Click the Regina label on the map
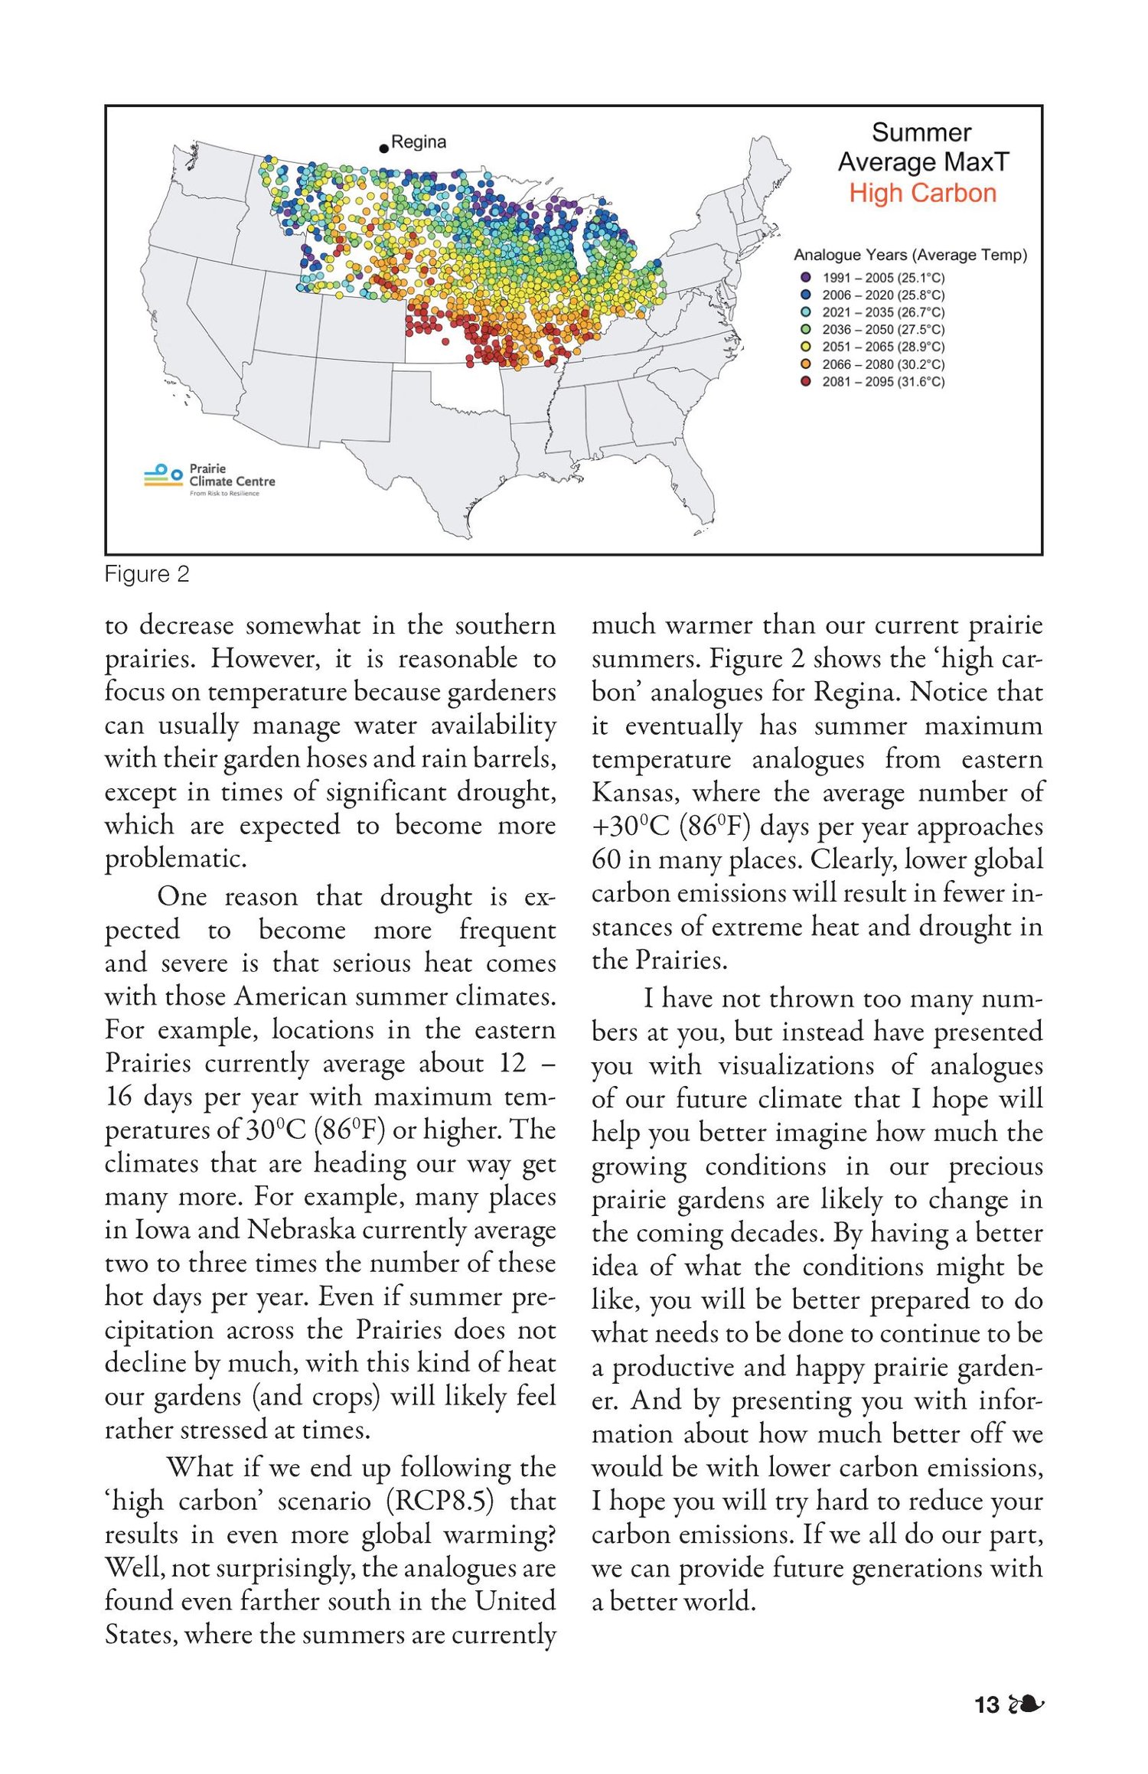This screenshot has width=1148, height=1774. [418, 142]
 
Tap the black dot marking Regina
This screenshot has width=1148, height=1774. [383, 148]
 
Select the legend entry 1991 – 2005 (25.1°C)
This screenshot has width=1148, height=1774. [883, 278]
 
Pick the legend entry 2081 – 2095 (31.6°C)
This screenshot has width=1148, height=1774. [883, 382]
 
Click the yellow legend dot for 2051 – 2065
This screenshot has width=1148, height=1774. [805, 347]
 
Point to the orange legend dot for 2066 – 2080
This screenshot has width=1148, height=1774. [805, 364]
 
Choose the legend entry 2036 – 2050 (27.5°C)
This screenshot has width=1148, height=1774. [883, 330]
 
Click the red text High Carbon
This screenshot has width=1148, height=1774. [922, 193]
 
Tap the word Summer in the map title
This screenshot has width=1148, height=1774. [921, 132]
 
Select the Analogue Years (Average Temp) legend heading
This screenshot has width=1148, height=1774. [910, 255]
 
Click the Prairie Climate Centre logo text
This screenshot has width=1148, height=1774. [231, 475]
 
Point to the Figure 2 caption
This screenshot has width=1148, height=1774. [146, 574]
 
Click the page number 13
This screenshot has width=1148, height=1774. [987, 1705]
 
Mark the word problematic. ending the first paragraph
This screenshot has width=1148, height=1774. [176, 859]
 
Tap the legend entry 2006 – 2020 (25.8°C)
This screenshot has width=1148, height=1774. [883, 295]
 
